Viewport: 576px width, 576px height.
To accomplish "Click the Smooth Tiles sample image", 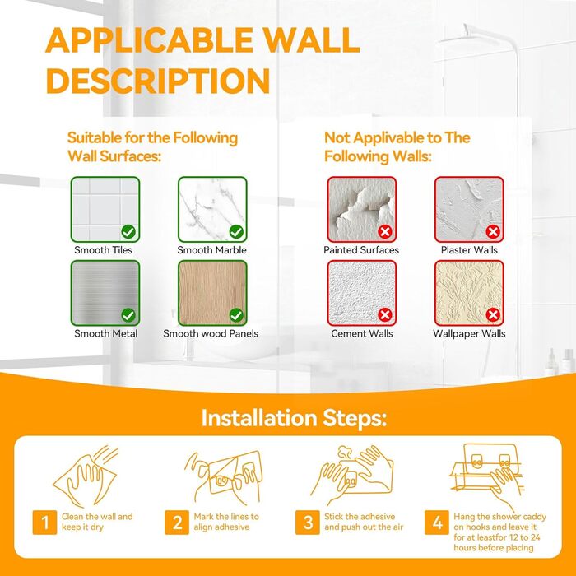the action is click(105, 209).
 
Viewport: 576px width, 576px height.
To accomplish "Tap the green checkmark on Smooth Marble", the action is click(236, 232).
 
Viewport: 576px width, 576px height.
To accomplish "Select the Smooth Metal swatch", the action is click(105, 293).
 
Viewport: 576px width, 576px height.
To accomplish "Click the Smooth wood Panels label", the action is click(211, 333).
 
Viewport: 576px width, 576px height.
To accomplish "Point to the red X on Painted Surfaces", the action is click(385, 232).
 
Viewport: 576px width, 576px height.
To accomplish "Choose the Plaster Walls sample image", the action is click(469, 209).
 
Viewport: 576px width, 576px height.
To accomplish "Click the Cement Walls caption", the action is click(362, 333).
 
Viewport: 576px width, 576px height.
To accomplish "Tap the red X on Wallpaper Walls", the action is click(493, 315).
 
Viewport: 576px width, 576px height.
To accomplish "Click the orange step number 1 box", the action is click(44, 522).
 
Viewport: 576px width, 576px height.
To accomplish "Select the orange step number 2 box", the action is click(177, 522).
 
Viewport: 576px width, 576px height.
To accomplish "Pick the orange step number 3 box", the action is click(308, 522).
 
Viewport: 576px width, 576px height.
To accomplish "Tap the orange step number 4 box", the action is click(437, 522).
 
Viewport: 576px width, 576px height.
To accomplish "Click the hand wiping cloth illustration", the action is click(86, 476).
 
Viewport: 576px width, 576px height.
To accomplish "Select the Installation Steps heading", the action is click(294, 418).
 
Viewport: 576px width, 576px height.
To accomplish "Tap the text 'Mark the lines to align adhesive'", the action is click(226, 522).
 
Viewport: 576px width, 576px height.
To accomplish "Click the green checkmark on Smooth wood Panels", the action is click(236, 315).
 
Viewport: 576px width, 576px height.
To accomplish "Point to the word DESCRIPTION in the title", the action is click(158, 81).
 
